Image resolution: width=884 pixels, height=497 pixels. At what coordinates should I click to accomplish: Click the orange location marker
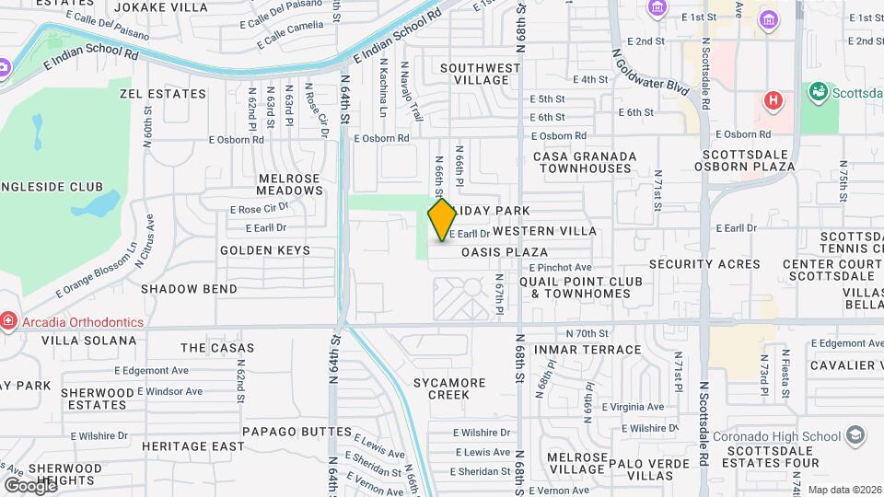(442, 219)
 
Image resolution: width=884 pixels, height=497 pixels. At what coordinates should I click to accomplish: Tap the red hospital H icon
(773, 99)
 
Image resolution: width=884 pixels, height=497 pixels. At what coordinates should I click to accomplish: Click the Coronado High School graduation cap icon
(855, 434)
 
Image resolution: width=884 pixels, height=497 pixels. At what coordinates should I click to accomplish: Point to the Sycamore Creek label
(448, 388)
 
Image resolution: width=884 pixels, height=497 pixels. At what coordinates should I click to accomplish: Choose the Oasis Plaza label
(505, 252)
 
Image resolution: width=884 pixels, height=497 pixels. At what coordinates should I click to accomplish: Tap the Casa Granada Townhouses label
(585, 163)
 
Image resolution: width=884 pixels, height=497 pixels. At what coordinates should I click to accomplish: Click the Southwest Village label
(480, 74)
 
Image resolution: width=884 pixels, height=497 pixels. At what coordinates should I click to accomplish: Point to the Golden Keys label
(260, 250)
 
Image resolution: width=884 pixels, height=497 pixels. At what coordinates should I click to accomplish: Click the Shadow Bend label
(189, 289)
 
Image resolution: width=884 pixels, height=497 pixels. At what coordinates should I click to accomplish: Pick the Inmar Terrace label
(599, 350)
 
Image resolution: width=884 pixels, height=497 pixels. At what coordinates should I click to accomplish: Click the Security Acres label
(704, 264)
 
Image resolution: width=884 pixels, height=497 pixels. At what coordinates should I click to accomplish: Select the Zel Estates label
(163, 94)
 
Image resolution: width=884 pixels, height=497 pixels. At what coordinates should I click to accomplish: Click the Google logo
(30, 485)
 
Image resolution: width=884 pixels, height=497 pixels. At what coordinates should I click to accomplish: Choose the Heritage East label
(193, 446)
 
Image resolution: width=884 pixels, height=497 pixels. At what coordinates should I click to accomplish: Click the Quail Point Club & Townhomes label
(575, 287)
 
